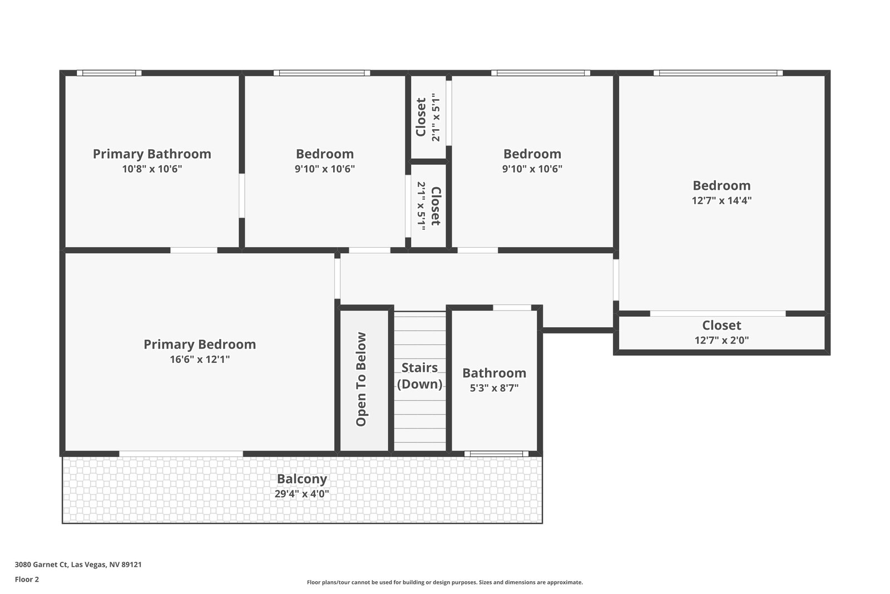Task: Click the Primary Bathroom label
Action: [x=152, y=154]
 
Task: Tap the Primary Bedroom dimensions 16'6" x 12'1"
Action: [x=200, y=360]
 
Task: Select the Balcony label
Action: [x=302, y=479]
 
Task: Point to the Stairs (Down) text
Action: [x=420, y=376]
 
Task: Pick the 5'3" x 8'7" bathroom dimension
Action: [x=494, y=388]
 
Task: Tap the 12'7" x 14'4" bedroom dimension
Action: [x=721, y=200]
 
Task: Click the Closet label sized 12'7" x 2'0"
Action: [x=721, y=325]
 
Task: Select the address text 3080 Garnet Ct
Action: [x=78, y=564]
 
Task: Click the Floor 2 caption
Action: [x=27, y=579]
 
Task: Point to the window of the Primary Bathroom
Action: [x=109, y=73]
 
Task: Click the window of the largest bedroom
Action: [x=718, y=73]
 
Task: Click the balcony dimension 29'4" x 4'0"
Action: [x=302, y=494]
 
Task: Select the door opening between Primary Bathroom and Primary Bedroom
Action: [x=194, y=250]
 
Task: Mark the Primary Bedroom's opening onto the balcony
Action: [x=181, y=454]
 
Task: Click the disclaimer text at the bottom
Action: [x=444, y=582]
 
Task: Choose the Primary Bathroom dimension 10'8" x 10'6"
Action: [x=152, y=169]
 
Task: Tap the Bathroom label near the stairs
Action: [x=494, y=373]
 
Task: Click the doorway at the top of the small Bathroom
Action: [x=512, y=307]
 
